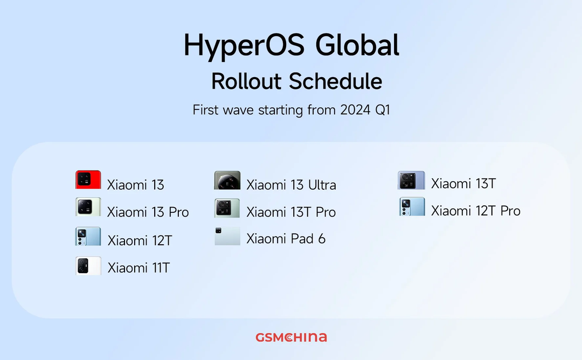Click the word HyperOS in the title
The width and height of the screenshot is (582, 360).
click(x=244, y=46)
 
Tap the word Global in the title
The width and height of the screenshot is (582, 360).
click(x=357, y=45)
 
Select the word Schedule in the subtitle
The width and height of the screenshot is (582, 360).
click(x=336, y=81)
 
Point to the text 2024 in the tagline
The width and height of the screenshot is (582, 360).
click(x=355, y=110)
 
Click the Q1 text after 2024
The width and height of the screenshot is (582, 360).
click(x=383, y=110)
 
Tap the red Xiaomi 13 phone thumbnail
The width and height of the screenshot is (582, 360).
click(x=88, y=179)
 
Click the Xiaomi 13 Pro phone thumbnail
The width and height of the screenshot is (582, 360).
click(x=88, y=207)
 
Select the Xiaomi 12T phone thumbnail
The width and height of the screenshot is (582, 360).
click(x=88, y=237)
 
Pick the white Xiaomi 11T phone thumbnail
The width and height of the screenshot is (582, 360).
click(x=88, y=266)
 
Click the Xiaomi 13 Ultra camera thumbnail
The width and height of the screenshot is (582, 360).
click(x=227, y=181)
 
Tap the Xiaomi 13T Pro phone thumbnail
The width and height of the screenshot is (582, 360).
click(x=227, y=208)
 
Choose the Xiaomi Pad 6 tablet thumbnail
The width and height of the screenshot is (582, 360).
click(x=227, y=236)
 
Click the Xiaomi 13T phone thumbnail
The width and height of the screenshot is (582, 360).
click(x=411, y=181)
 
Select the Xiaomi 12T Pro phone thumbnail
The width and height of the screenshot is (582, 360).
click(x=412, y=207)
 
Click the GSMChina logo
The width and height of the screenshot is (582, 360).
click(x=292, y=337)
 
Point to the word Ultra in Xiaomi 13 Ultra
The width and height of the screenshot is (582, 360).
click(x=322, y=185)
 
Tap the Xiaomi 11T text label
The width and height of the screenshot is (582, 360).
click(x=138, y=268)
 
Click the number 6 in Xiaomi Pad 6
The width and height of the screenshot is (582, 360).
click(x=321, y=239)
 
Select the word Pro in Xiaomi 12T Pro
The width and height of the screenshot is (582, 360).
click(x=510, y=211)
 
